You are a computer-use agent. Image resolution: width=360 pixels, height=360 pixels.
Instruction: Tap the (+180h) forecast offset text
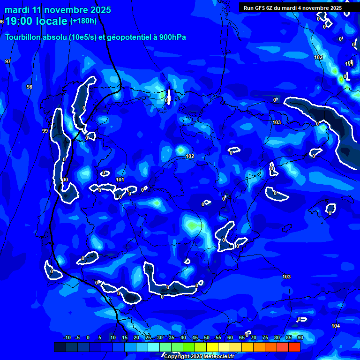pyautogui.click(x=83, y=21)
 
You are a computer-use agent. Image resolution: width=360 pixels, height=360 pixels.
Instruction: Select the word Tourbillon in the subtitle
pyautogui.click(x=22, y=37)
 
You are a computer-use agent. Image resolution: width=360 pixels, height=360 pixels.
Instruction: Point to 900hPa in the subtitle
pyautogui.click(x=172, y=37)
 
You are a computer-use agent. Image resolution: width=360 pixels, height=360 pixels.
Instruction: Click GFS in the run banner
pyautogui.click(x=261, y=8)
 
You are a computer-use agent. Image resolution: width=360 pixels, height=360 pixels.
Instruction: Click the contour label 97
pyautogui.click(x=7, y=61)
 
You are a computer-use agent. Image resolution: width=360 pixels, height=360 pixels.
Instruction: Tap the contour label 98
pyautogui.click(x=30, y=87)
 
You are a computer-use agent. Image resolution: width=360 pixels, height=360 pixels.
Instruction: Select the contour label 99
pyautogui.click(x=45, y=131)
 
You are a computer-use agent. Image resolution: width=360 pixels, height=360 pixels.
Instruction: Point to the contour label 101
pyautogui.click(x=120, y=180)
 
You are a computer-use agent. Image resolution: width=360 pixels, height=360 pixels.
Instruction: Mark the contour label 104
pyautogui.click(x=336, y=326)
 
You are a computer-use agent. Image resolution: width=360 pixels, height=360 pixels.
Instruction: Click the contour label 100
pyautogui.click(x=65, y=180)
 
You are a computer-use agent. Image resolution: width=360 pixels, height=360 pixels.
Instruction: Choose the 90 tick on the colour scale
pyautogui.click(x=300, y=337)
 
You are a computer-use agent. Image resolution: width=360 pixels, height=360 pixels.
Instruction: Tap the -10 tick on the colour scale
pyautogui.click(x=67, y=337)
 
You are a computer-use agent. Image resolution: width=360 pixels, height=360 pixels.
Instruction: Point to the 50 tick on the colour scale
pyautogui.click(x=207, y=337)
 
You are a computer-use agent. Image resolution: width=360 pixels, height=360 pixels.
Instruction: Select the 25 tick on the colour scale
pyautogui.click(x=148, y=337)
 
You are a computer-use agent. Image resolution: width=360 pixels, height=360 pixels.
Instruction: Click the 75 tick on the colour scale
pyautogui.click(x=265, y=337)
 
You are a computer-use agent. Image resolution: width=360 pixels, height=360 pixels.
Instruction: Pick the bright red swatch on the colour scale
pyautogui.click(x=294, y=347)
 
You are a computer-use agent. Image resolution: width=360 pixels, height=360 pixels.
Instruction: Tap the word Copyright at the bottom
pyautogui.click(x=176, y=357)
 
